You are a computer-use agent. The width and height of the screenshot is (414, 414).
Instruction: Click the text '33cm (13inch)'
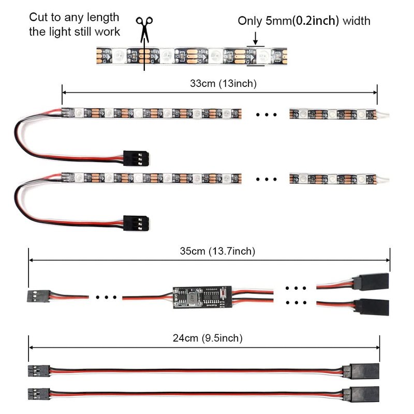(x=220, y=82)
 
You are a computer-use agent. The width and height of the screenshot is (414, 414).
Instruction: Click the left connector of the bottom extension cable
(x=39, y=393)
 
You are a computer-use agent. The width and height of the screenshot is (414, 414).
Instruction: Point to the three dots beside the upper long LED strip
(x=267, y=115)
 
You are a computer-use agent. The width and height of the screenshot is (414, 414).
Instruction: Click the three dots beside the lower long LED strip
(x=267, y=179)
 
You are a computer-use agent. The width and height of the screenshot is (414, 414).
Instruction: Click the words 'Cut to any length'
(x=74, y=18)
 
